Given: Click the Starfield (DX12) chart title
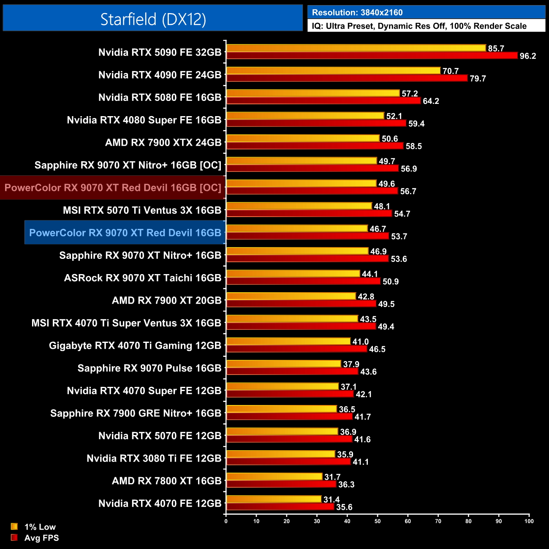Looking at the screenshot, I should coord(153,19).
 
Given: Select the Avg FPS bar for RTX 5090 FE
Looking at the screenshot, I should coord(372,55).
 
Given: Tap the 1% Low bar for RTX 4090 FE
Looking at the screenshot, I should coord(334,71).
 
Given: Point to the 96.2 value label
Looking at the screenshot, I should coord(527,56).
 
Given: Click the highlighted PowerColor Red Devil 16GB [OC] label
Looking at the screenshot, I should coord(113,188).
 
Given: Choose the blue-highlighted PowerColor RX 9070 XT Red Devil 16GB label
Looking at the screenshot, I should coord(125,233).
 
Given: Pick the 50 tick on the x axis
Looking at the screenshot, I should coord(378,521).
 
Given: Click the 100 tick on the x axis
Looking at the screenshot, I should coord(529,521).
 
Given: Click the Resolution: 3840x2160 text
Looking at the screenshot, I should coord(357,13).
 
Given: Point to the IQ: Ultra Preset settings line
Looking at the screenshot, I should coord(419,26).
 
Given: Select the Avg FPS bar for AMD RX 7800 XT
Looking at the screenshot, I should coord(281,484).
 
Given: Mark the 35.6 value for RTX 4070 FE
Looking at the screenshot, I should coord(344,507).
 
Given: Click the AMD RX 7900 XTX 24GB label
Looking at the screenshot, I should coord(163,143).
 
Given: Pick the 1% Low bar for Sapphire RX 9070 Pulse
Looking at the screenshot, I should coord(284,364).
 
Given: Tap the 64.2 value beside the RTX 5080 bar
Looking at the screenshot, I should coord(431,101).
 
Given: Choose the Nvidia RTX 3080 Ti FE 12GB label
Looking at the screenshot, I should coord(154,458).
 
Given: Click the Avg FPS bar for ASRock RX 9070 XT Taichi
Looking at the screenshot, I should coord(303,281).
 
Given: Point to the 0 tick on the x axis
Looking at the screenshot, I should coord(226,521).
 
